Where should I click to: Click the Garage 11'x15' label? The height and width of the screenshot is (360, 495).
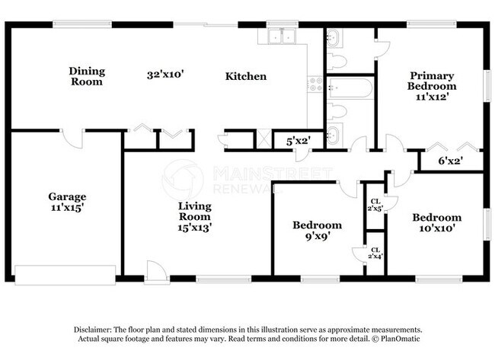click(x=67, y=202)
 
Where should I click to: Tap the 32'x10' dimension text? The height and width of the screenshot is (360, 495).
click(x=165, y=75)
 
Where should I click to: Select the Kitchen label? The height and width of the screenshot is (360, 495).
click(x=246, y=76)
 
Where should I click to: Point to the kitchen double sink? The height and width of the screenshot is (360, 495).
click(x=282, y=36)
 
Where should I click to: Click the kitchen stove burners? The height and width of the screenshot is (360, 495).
click(x=315, y=84)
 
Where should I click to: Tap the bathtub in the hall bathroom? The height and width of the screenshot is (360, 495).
click(x=350, y=88)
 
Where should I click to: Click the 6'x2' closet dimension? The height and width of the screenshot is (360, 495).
click(x=450, y=161)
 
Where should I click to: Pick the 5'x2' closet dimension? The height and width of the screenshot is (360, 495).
click(x=299, y=141)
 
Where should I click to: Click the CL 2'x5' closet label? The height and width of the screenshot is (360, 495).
click(x=375, y=205)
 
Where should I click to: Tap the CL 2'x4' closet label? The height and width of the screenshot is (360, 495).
click(x=375, y=253)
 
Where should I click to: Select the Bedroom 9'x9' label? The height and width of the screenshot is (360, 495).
click(x=317, y=231)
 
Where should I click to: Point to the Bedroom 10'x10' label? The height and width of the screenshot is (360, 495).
click(x=436, y=222)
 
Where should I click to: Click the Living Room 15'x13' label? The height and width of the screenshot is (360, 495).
click(x=194, y=216)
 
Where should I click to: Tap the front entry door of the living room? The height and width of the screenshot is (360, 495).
click(x=157, y=271)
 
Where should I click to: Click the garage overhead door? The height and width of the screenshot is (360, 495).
click(x=65, y=275)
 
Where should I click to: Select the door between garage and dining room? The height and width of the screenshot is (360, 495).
click(x=73, y=139)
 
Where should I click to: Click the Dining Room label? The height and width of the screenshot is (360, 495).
click(x=87, y=76)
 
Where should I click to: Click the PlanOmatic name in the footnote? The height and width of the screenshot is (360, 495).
click(x=401, y=339)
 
